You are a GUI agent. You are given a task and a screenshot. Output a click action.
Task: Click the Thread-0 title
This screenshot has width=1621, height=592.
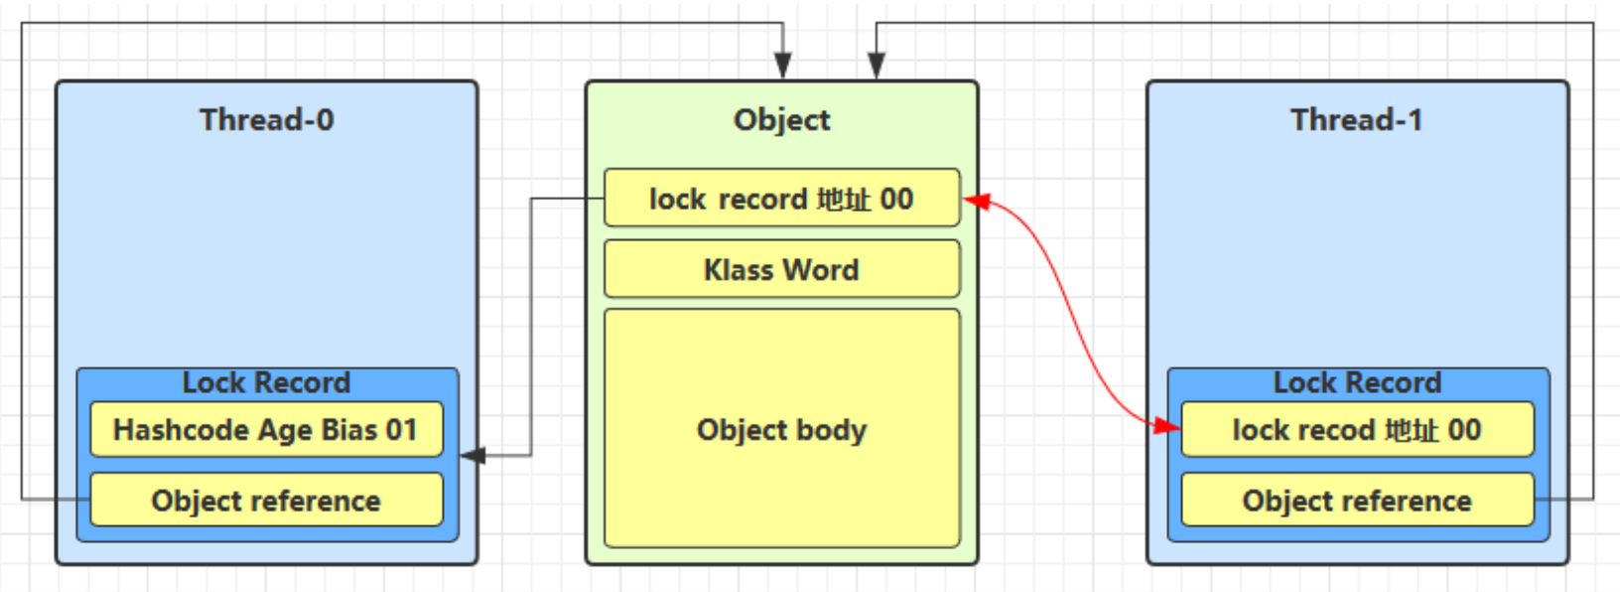266,120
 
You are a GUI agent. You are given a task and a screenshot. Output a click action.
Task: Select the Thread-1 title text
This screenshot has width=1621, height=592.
1356,120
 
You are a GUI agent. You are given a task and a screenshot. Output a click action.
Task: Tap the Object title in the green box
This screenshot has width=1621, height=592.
781,120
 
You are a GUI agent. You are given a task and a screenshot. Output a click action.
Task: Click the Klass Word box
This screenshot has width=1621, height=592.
781,269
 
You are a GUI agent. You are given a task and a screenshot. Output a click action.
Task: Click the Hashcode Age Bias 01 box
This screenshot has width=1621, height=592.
266,430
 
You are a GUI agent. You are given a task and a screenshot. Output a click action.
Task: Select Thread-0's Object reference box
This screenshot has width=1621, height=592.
266,500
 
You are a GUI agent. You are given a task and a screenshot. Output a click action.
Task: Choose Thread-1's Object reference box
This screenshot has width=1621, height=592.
1357,500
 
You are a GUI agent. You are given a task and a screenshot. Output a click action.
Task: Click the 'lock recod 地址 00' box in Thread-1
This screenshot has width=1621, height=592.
1357,430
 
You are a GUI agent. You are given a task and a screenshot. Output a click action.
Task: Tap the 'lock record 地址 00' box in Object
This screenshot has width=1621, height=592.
781,199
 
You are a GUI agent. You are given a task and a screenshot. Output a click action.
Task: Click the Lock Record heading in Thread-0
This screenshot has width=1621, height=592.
266,382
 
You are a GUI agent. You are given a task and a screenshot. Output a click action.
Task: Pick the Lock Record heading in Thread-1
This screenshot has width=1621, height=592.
1357,382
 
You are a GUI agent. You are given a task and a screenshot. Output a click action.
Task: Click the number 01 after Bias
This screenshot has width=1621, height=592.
401,430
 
